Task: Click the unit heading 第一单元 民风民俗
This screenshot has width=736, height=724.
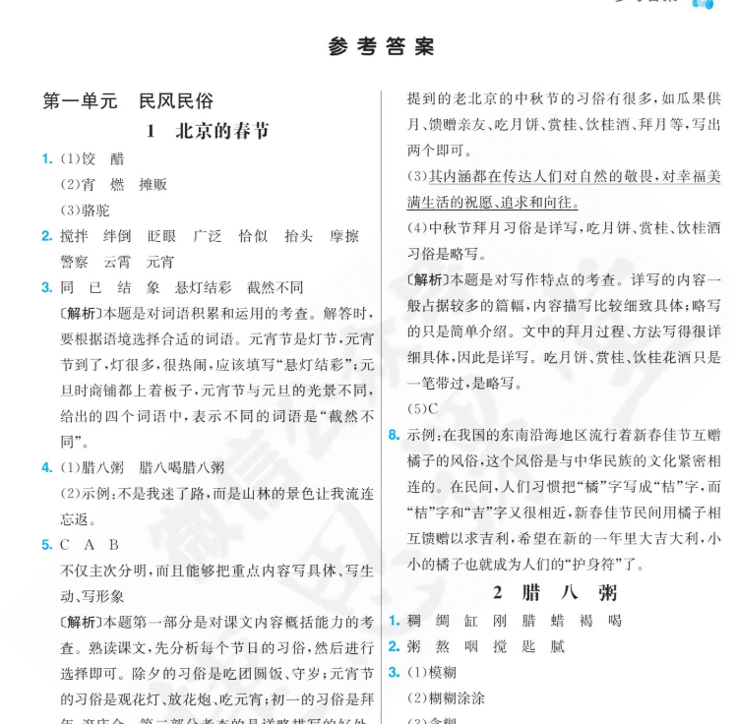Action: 128,101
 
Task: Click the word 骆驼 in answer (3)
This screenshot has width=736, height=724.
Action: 96,210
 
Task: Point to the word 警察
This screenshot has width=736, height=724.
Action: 75,262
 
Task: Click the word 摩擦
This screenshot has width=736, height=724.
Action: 344,236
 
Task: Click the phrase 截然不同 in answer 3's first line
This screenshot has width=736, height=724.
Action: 276,288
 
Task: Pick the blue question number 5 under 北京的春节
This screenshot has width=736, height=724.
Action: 46,545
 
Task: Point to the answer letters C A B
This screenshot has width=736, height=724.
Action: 89,545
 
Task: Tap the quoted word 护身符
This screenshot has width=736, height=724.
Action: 589,564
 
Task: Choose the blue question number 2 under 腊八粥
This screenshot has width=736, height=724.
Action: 394,646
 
